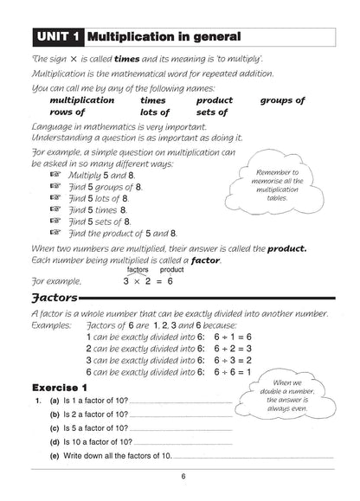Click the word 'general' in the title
click(x=210, y=36)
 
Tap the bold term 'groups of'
click(x=282, y=100)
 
